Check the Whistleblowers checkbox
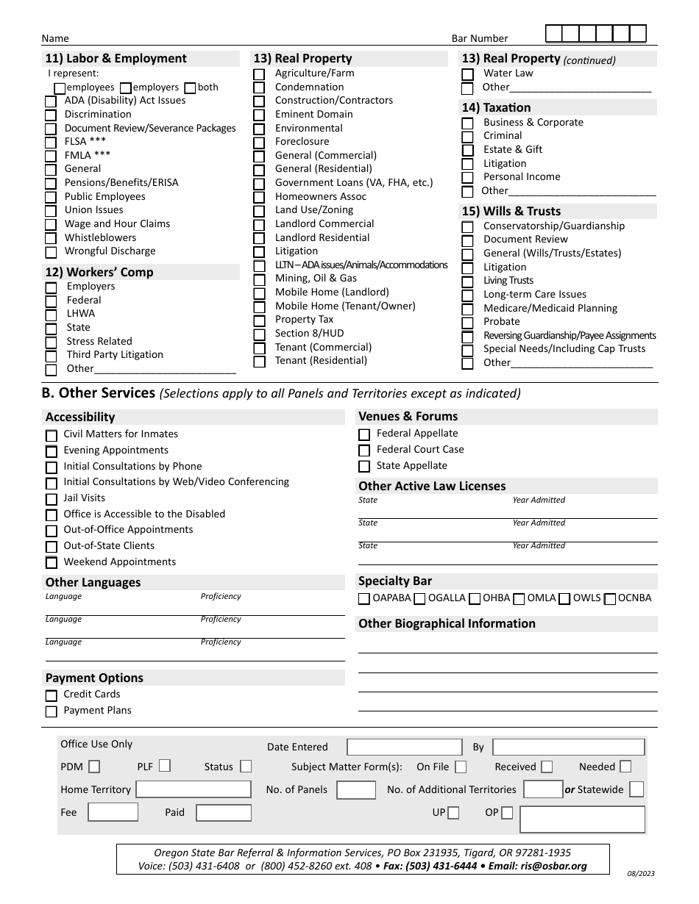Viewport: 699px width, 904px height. [50, 239]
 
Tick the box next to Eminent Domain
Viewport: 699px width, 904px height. [259, 115]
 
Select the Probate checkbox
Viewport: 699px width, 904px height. [467, 323]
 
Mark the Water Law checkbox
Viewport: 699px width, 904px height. [467, 74]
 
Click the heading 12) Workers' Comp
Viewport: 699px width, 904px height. [99, 273]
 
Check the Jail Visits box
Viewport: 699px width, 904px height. [51, 499]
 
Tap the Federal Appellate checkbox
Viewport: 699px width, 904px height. [363, 434]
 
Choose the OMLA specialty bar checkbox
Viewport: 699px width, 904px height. [519, 599]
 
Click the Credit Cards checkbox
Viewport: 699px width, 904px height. [51, 695]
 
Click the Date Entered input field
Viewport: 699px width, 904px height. [404, 747]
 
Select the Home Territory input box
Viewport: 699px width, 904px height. [194, 789]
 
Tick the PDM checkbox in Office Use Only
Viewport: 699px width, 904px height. [94, 767]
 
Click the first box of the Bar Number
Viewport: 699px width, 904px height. [554, 34]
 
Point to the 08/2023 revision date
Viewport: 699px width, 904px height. [641, 874]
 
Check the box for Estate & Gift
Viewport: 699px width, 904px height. [467, 151]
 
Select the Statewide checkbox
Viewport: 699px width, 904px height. [636, 789]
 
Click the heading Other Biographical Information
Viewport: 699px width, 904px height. [447, 624]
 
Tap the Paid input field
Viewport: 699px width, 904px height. [224, 813]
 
